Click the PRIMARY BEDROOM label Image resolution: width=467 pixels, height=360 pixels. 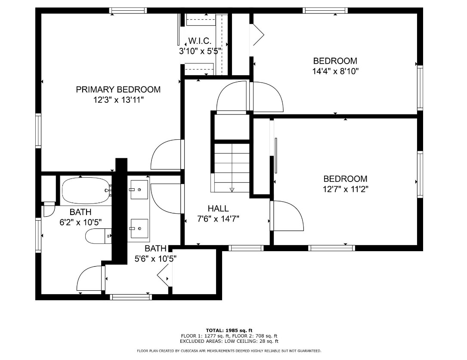[118, 89]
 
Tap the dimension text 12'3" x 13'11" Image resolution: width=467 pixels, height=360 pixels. [118, 100]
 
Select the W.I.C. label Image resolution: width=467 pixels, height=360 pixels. [200, 41]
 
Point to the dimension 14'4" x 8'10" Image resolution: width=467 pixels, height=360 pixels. [335, 71]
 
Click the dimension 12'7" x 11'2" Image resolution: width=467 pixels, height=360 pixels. [346, 189]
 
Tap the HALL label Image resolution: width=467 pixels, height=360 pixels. [218, 209]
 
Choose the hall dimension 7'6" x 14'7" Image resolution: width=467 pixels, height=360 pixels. [218, 218]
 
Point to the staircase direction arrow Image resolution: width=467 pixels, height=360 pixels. [232, 189]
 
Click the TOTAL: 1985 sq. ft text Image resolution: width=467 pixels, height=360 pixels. [229, 330]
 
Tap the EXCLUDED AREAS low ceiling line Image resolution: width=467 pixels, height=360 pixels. [229, 341]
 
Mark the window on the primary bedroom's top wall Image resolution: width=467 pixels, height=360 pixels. [128, 10]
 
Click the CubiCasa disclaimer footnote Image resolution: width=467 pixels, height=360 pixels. [229, 351]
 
